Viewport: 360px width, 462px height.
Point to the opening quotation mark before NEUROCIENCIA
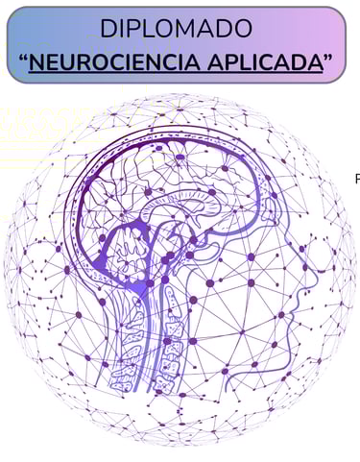23,58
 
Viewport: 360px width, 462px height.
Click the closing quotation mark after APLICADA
327,58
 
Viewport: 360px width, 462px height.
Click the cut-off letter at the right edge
357,178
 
